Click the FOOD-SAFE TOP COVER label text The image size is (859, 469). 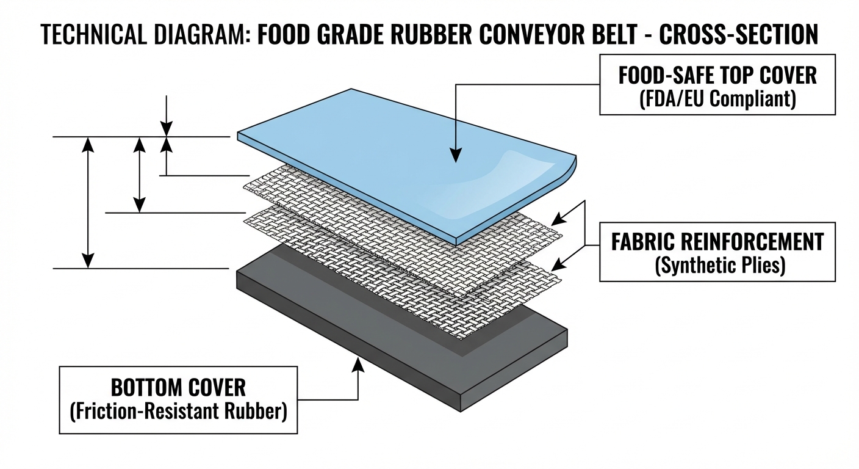click(x=717, y=76)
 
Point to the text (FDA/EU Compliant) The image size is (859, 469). click(x=717, y=98)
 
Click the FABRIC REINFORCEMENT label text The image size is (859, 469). click(x=717, y=242)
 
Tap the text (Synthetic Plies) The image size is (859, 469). click(x=717, y=266)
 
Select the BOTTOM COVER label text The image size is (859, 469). click(x=178, y=387)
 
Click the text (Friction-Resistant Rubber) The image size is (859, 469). click(x=178, y=410)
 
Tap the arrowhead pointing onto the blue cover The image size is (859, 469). click(x=455, y=156)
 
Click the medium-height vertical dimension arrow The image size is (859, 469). click(x=140, y=175)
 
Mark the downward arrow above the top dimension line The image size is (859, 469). click(x=167, y=116)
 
